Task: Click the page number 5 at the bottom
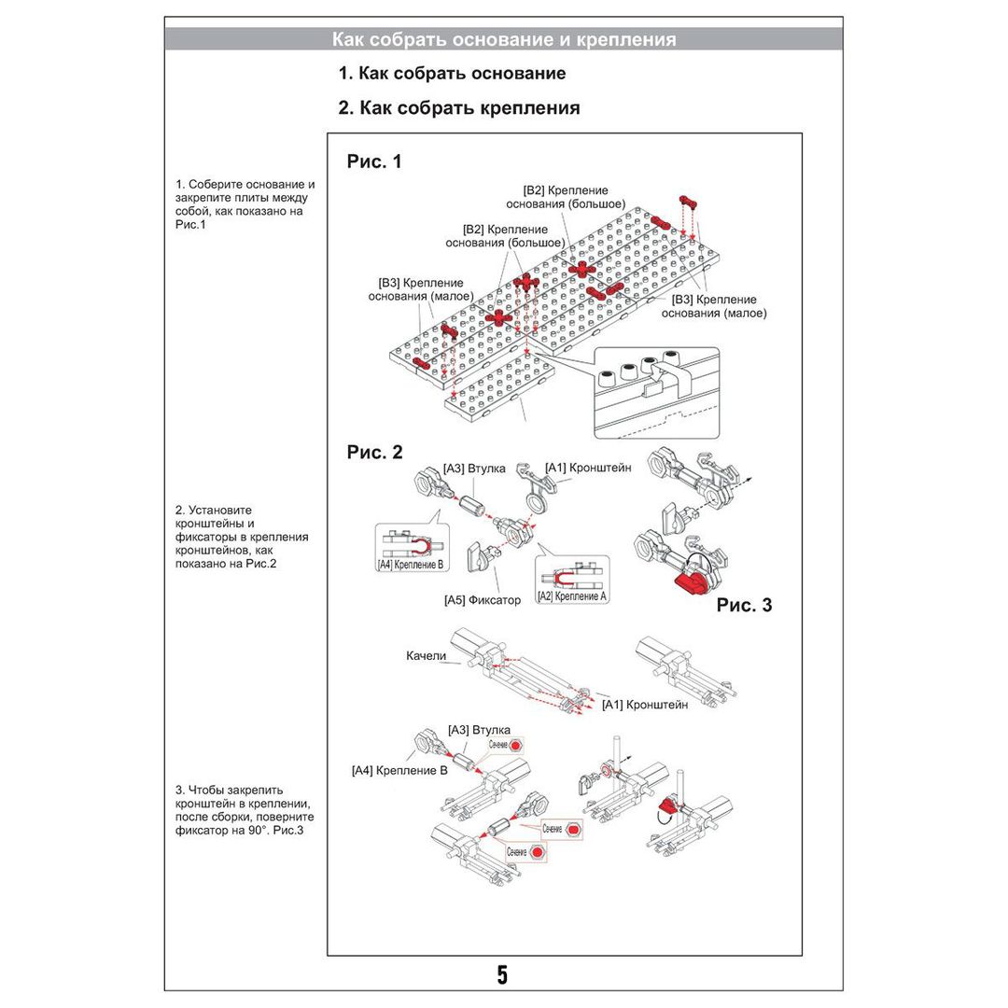point(502,975)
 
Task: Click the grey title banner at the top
point(504,39)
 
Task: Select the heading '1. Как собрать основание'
point(452,73)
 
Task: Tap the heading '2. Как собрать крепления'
point(458,108)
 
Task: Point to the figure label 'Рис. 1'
point(374,161)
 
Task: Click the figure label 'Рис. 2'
point(374,453)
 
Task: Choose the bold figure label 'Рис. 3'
point(744,605)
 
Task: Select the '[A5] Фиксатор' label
point(483,600)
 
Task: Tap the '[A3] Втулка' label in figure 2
point(475,469)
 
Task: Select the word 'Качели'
point(427,656)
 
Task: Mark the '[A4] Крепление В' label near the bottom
point(399,771)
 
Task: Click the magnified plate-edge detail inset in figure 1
point(656,392)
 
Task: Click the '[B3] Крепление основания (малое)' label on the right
point(714,306)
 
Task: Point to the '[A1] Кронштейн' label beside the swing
point(645,705)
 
